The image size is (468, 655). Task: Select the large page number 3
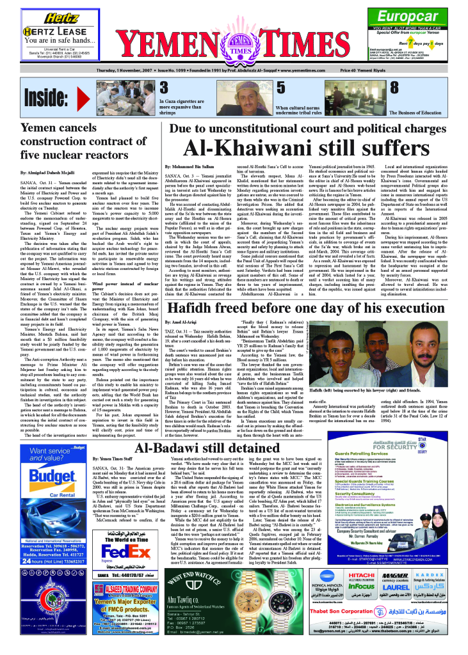[163, 87]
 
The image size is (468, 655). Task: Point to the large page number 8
[394, 87]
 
